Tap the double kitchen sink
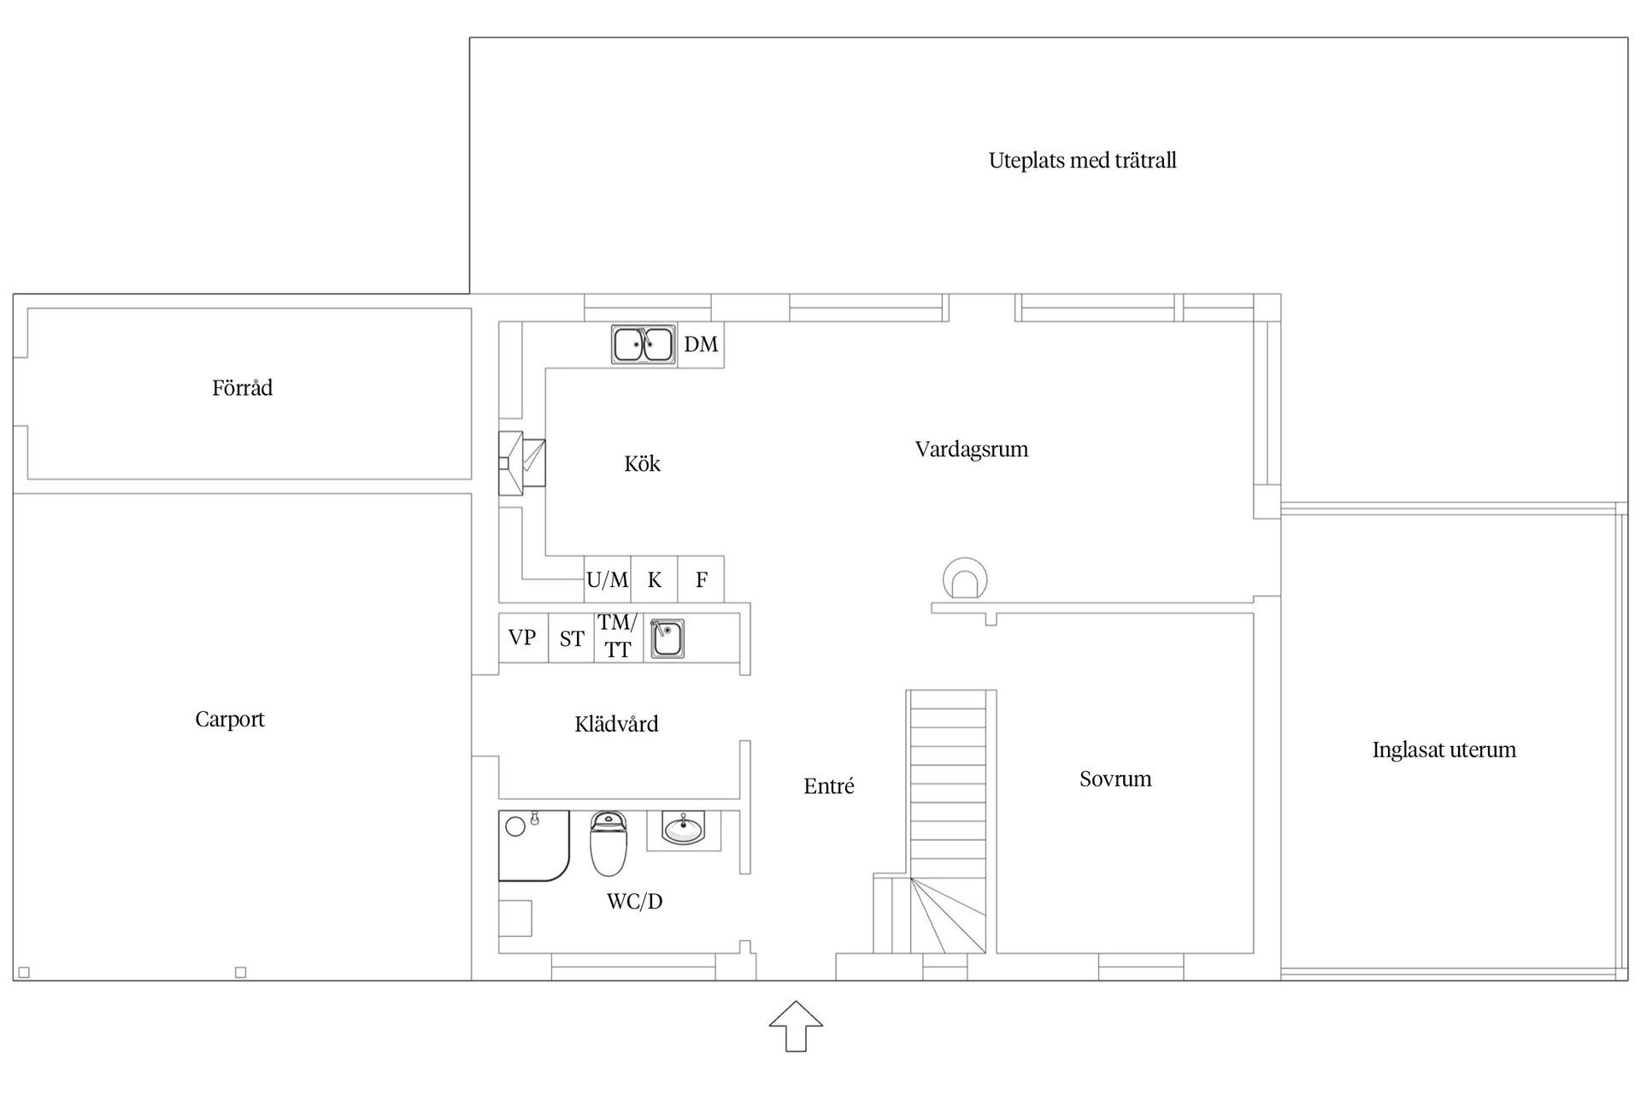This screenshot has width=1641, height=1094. coord(644,344)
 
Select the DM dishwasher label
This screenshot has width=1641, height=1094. coord(701,344)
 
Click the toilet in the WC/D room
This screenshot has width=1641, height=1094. coord(609,844)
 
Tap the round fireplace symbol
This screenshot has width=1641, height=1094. coord(965,579)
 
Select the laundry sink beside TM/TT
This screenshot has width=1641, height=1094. coord(667,638)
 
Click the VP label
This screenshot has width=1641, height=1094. coord(522,638)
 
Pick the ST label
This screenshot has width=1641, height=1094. coord(572,638)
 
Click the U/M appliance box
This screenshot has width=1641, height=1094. coord(608,580)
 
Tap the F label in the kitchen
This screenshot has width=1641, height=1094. coord(701,580)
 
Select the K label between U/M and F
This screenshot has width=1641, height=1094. coord(655,580)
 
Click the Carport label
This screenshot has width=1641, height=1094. coord(230,720)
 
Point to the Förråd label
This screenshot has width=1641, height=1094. coord(243,388)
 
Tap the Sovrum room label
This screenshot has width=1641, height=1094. coord(1115,779)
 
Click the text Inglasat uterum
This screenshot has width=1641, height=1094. coord(1444,750)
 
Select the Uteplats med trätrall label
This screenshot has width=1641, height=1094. coord(1082,161)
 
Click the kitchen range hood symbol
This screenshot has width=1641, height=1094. coord(521,463)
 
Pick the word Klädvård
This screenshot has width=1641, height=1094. coord(616,725)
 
